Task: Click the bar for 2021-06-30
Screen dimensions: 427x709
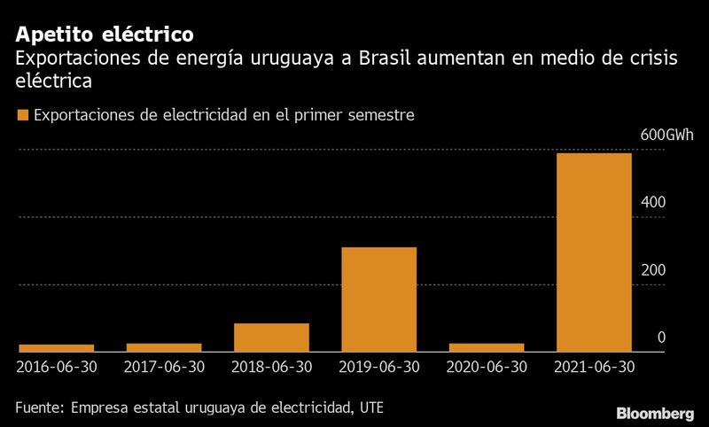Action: pos(594,252)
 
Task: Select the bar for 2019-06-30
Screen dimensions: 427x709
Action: pos(378,299)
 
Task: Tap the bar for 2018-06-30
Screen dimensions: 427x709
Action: pos(271,338)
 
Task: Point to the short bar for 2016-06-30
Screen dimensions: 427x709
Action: pos(57,348)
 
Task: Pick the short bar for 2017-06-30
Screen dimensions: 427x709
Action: pos(164,347)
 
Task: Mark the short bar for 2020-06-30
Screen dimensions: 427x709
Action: pos(487,347)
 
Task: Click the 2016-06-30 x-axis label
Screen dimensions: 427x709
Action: pos(57,366)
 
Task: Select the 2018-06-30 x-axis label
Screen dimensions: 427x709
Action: pos(271,366)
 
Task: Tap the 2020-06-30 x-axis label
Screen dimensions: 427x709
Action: pos(487,366)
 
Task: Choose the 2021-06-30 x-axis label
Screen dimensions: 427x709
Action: pos(594,366)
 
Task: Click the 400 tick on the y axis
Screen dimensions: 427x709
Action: pos(652,202)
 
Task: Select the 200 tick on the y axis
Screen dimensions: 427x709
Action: pos(652,269)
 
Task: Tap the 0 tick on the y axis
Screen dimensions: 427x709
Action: pos(661,338)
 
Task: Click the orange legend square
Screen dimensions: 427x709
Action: pos(22,115)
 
